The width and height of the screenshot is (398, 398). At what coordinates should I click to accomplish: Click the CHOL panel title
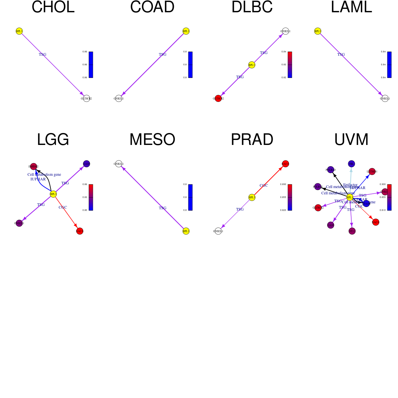(x=53, y=7)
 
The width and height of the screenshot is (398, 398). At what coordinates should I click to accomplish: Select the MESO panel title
(x=152, y=140)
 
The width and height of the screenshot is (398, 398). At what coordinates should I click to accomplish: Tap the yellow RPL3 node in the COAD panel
(x=186, y=31)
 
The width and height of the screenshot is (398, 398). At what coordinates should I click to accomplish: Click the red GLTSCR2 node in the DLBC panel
(x=218, y=99)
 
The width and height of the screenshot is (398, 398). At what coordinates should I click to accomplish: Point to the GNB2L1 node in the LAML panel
(x=385, y=99)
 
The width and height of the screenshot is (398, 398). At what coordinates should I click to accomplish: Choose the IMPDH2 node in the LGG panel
(x=33, y=166)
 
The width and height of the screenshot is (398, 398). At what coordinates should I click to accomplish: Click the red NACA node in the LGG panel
(x=80, y=231)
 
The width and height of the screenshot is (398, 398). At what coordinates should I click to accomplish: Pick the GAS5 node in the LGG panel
(x=87, y=164)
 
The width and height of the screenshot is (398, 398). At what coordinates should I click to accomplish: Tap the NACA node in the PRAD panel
(x=286, y=164)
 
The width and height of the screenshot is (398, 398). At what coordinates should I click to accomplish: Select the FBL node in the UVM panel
(x=352, y=164)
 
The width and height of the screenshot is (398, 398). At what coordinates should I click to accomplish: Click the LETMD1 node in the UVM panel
(x=372, y=171)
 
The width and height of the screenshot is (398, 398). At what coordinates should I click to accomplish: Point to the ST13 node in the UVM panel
(x=352, y=231)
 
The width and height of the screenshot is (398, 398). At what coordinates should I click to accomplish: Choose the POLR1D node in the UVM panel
(x=331, y=170)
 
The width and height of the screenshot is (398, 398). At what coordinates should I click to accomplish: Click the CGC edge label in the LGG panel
(x=63, y=207)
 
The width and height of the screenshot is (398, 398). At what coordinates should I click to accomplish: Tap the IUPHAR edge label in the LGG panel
(x=38, y=179)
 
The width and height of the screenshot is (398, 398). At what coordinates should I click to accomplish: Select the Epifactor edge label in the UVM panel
(x=350, y=185)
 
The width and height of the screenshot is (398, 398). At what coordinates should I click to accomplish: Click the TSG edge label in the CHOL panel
(x=42, y=54)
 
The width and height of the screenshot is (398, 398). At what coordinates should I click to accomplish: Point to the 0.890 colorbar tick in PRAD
(x=283, y=184)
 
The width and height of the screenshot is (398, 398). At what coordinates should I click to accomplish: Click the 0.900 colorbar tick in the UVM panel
(x=383, y=184)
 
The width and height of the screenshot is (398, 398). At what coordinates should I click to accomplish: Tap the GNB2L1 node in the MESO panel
(x=119, y=164)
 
